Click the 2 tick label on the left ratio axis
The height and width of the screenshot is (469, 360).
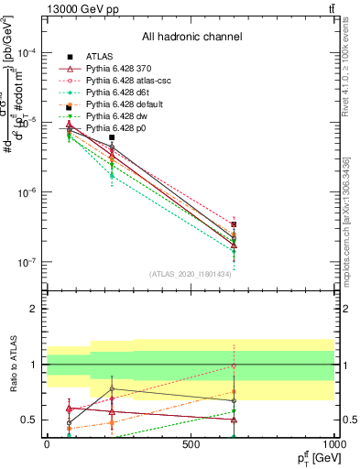click(34, 309)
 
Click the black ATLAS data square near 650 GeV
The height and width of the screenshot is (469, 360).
click(234, 224)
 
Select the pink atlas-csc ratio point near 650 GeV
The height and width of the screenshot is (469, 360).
click(234, 366)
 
